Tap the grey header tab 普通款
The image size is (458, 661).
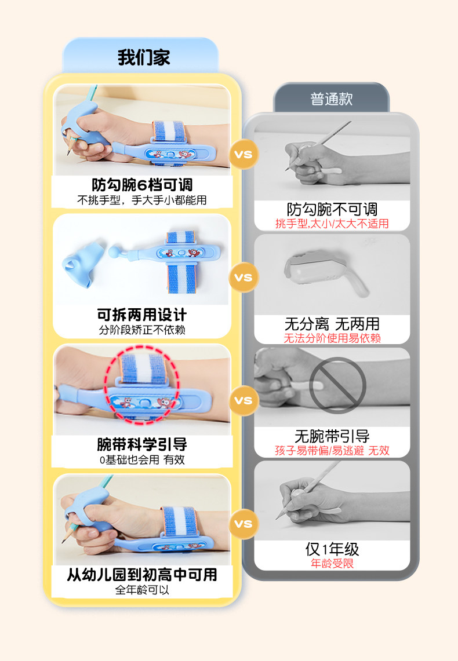coord(332,99)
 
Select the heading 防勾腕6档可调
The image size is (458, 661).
coord(142,185)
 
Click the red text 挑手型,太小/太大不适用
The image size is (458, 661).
coord(332,224)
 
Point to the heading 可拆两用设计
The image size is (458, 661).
coord(142,315)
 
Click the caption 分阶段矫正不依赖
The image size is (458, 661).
coord(142,330)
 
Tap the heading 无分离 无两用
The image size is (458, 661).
coord(332,324)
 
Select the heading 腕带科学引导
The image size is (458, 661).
coord(142,444)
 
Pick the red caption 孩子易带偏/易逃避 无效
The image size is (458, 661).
coord(332,450)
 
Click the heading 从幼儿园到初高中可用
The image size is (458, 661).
coord(142,575)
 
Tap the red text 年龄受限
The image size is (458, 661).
coord(332,563)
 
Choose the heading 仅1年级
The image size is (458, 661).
coord(332,549)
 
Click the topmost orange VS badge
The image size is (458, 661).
coord(243,154)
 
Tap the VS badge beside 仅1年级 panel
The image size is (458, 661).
coord(243,524)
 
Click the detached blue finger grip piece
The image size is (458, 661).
coord(83,264)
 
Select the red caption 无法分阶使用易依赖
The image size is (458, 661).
coord(332,338)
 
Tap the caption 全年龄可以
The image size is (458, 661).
coord(142,590)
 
